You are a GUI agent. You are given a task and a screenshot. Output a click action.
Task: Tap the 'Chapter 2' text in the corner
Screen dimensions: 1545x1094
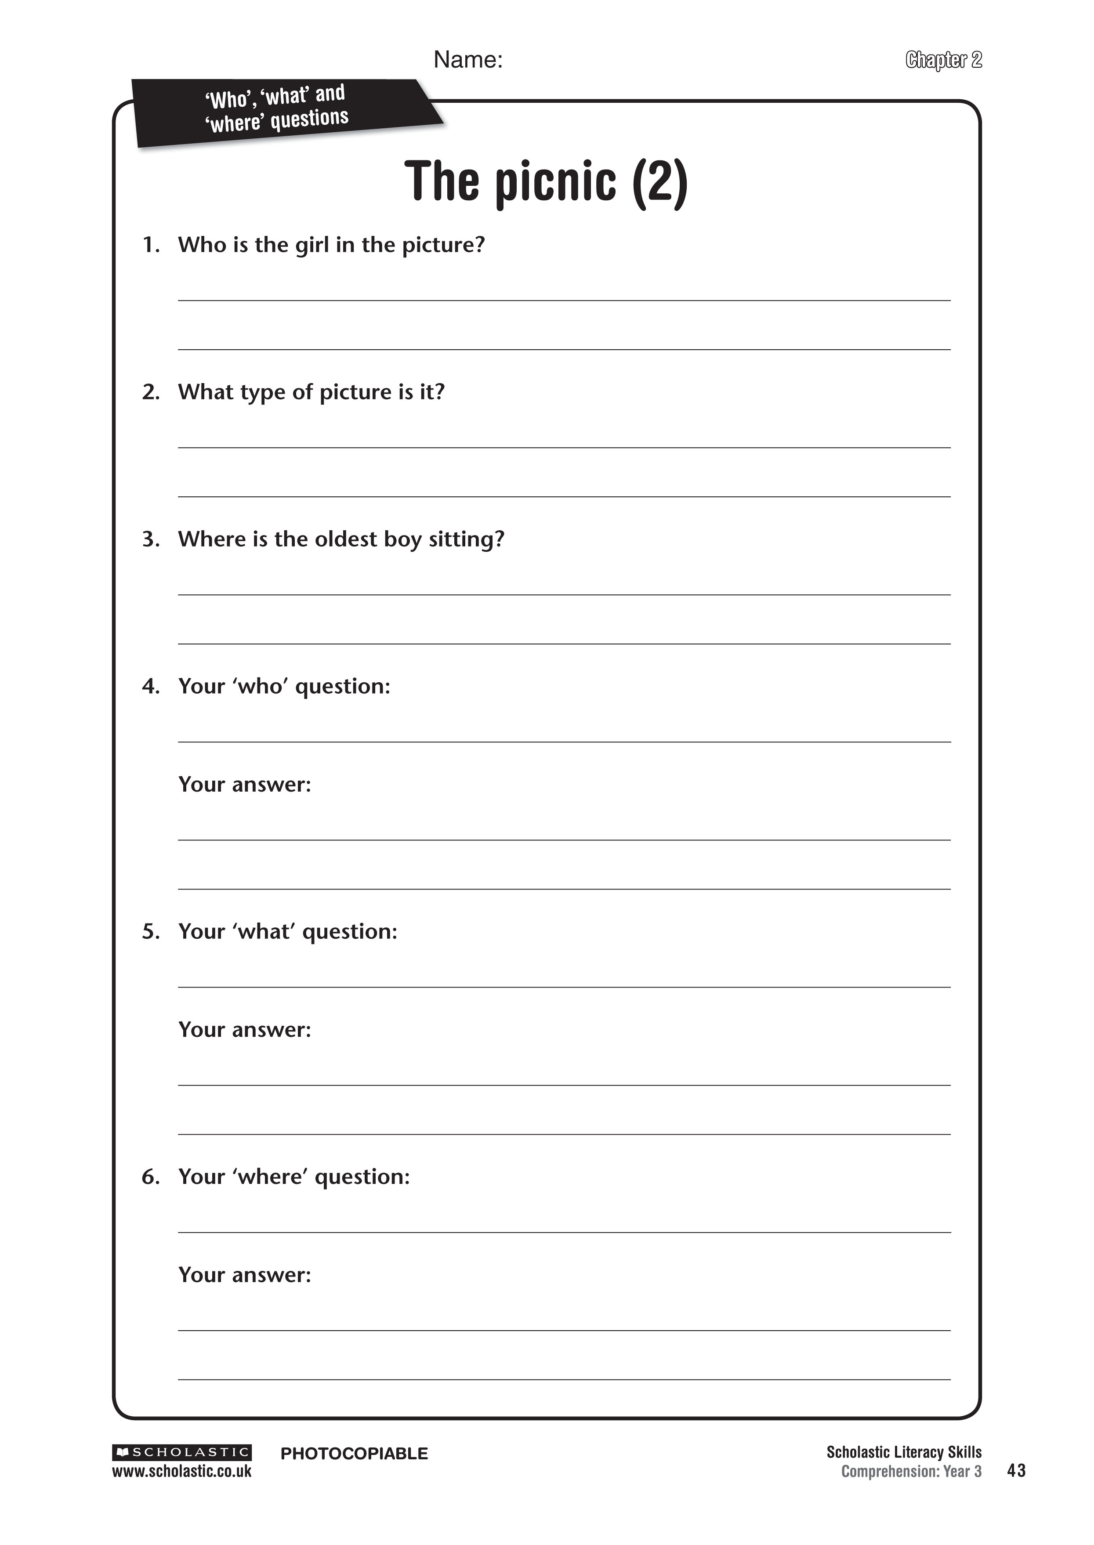pos(943,60)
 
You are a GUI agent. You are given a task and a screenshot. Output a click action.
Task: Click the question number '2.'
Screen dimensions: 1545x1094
pos(151,392)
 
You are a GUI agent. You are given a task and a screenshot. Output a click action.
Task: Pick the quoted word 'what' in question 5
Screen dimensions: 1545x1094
pos(264,931)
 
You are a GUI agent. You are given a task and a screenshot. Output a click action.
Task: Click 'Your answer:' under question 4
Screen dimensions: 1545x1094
pos(245,785)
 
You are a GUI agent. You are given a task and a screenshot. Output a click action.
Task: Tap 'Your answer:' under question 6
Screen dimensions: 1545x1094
pos(245,1275)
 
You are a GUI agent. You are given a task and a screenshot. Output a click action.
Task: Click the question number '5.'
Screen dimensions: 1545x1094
pos(151,931)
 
